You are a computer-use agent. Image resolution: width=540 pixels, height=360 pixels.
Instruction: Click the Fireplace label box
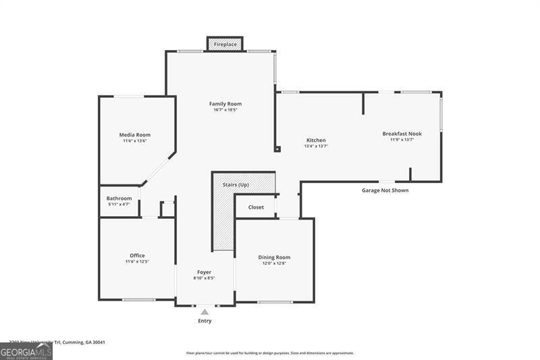click(x=225, y=45)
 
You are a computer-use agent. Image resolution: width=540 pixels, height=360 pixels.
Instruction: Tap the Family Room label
click(x=225, y=104)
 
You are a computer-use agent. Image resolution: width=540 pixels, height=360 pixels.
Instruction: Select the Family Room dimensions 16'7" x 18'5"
click(x=225, y=110)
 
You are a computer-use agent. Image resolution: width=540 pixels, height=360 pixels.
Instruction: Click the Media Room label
click(x=134, y=134)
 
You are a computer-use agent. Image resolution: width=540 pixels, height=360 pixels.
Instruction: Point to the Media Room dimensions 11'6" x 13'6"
click(x=134, y=141)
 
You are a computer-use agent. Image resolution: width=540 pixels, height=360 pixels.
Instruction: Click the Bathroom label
click(x=119, y=198)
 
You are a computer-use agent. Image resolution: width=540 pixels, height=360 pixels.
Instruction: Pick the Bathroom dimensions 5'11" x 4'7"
click(x=119, y=204)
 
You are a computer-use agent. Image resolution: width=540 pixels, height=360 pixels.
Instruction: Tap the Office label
click(x=137, y=255)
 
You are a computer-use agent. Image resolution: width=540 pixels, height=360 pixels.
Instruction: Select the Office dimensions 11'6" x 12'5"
click(x=137, y=261)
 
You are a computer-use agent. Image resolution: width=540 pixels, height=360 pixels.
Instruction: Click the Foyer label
click(x=204, y=272)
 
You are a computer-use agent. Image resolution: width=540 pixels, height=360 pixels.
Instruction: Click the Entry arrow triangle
click(x=205, y=311)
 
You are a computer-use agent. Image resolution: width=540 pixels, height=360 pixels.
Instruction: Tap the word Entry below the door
click(x=205, y=321)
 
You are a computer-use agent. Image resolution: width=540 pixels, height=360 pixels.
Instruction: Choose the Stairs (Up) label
click(x=236, y=184)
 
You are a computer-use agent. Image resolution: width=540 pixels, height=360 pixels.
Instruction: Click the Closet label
click(x=256, y=207)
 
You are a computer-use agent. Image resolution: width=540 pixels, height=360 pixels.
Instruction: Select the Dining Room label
click(x=274, y=257)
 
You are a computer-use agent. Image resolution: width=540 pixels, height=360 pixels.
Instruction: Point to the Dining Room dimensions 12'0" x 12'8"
click(x=274, y=263)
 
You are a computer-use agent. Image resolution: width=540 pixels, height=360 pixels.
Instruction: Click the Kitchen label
click(x=316, y=140)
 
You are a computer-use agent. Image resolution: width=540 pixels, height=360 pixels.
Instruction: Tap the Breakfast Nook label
click(x=402, y=134)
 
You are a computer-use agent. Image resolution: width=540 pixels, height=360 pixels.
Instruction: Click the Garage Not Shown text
click(x=385, y=190)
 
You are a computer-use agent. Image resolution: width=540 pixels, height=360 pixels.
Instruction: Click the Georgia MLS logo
click(x=26, y=351)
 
